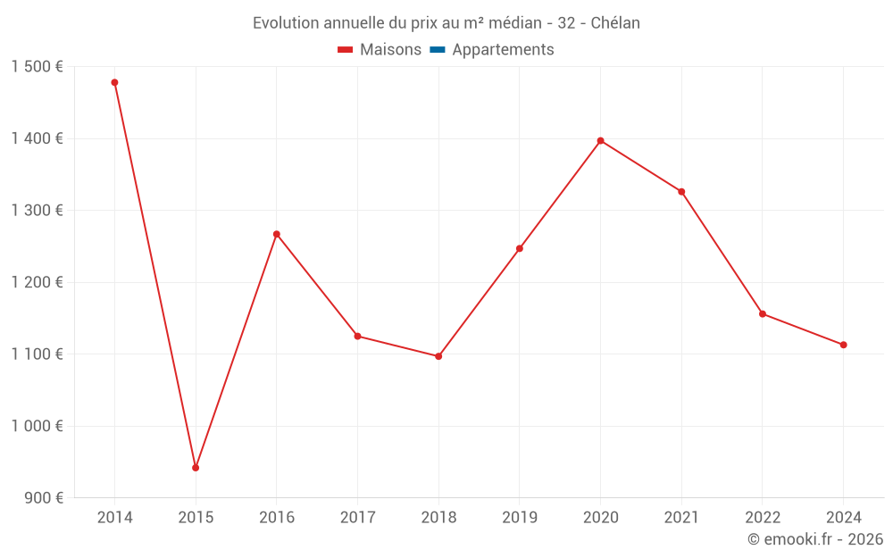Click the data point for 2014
click(x=114, y=82)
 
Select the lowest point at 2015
click(x=196, y=468)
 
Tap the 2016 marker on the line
click(x=277, y=234)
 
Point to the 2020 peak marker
click(x=600, y=140)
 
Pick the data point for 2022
click(x=763, y=313)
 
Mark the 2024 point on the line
click(x=843, y=345)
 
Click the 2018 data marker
click(x=438, y=356)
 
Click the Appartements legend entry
click(x=503, y=50)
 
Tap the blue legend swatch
click(x=437, y=50)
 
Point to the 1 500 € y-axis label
click(x=38, y=67)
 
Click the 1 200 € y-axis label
click(x=38, y=282)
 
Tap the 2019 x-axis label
click(x=520, y=518)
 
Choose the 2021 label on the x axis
click(x=681, y=518)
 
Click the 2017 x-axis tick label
click(x=357, y=518)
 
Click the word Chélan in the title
click(x=615, y=23)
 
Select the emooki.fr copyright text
click(x=815, y=539)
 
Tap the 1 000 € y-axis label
click(x=38, y=426)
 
